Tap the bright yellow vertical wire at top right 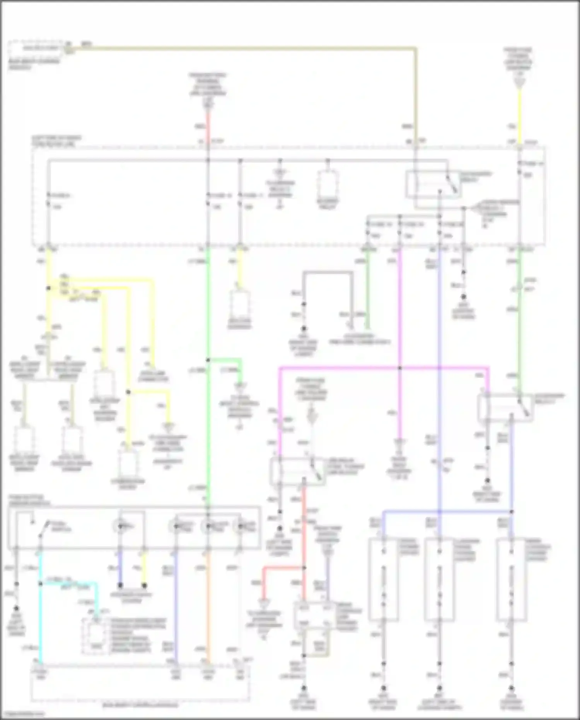520,116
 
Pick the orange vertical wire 208,604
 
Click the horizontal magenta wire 340,368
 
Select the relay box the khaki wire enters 432,185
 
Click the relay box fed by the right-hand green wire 505,407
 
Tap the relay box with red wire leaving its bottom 297,470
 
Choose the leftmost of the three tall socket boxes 384,579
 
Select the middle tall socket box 439,579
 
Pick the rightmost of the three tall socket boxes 511,579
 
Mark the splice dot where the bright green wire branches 208,360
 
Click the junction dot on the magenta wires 400,368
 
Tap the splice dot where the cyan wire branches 40,583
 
